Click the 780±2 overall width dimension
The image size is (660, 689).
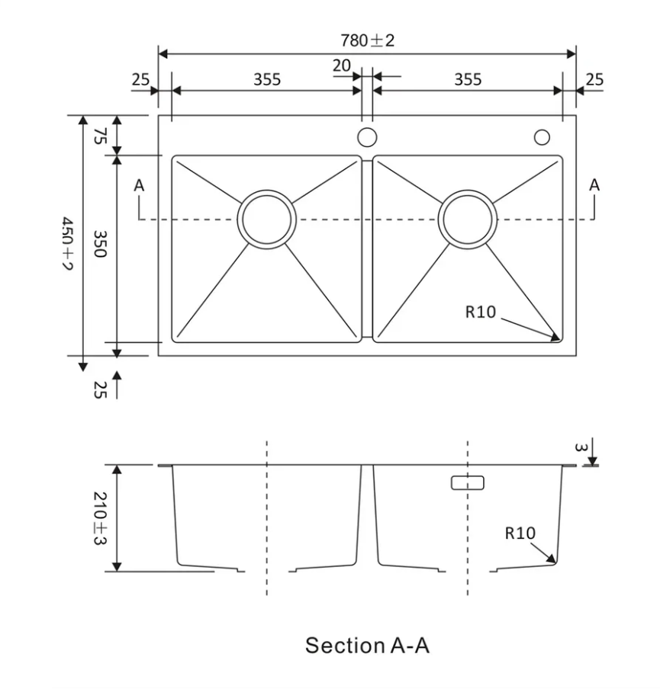pos(367,40)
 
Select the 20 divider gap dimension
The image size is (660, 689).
pos(341,66)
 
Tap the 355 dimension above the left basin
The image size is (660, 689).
pos(267,79)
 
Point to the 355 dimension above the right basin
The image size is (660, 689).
pos(468,79)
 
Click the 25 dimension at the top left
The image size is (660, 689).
pos(140,79)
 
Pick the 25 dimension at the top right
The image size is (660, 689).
pos(594,79)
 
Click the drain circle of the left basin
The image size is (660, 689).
pos(266,219)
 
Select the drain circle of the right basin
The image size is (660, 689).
pos(468,219)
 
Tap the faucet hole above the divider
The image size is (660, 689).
pos(367,138)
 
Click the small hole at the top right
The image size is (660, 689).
pos(542,137)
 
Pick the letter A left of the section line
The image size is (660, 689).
pos(139,185)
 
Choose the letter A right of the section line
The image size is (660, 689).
pos(594,185)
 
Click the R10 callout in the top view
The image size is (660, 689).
pos(481,311)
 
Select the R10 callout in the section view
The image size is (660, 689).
pos(520,534)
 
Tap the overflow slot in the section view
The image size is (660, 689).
pos(467,482)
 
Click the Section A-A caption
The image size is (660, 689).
pos(367,646)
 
